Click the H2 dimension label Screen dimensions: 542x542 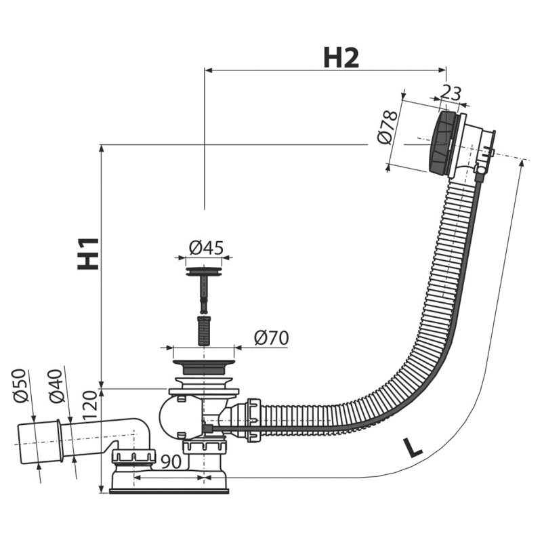(x=341, y=58)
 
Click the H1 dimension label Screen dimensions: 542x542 (x=88, y=253)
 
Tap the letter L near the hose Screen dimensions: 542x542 (x=412, y=448)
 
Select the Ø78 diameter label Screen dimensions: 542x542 (x=386, y=128)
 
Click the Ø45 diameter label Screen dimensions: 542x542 (x=206, y=248)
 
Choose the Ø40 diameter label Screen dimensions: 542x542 (x=56, y=384)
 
